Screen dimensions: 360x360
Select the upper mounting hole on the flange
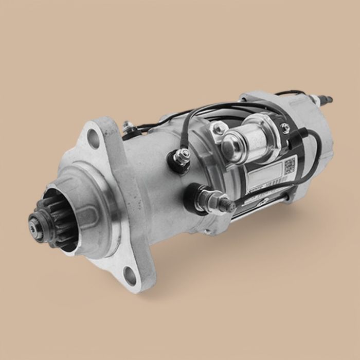point(94,138)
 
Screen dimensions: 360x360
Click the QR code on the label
point(290,165)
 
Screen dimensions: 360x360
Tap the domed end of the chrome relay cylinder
point(230,143)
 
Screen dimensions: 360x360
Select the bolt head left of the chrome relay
point(219,128)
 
